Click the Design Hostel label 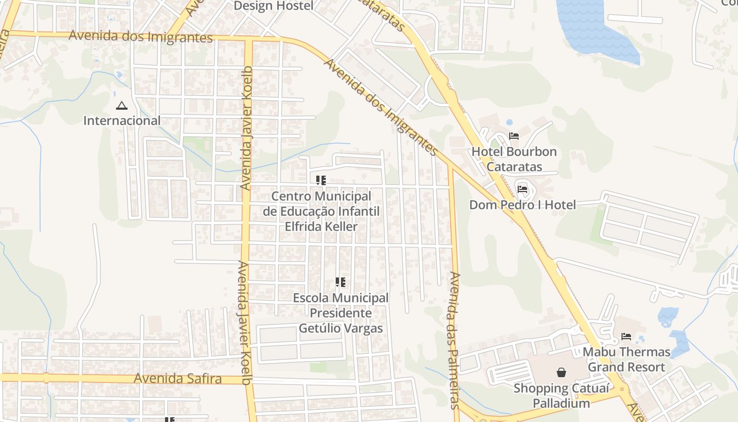(273, 6)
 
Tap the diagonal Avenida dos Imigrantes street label (381, 107)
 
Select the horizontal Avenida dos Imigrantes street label (140, 36)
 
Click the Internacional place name (122, 120)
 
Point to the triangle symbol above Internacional (122, 106)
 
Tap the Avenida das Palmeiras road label (454, 340)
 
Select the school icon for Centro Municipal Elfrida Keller (321, 180)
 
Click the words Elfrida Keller (321, 226)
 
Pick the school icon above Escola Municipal (341, 282)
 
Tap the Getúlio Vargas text (341, 328)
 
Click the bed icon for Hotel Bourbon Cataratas (514, 136)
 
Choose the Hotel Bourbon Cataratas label (514, 159)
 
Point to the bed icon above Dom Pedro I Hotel (522, 189)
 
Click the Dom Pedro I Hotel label (522, 205)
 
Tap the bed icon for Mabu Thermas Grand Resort (626, 336)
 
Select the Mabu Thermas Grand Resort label (626, 359)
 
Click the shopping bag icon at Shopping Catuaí (561, 372)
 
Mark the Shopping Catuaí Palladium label (561, 396)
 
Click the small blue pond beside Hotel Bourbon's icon (509, 122)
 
